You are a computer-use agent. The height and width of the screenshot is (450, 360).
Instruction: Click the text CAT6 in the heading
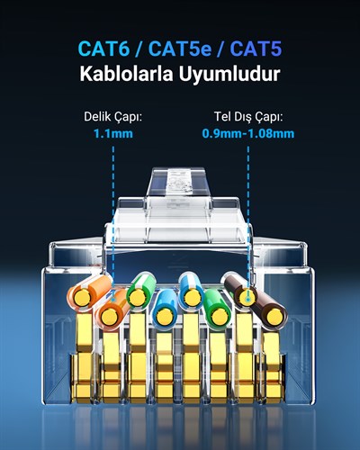point(103,49)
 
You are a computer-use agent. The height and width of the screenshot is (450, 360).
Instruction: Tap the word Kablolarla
point(126,74)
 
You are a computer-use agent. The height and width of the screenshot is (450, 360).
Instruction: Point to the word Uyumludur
point(229,74)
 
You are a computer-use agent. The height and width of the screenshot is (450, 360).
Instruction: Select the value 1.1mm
point(113,133)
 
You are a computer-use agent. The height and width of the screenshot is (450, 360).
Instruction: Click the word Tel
point(220,116)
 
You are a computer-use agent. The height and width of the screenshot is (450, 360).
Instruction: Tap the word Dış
point(238,117)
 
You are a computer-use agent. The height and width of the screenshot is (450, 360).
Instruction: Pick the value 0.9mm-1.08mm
point(248,133)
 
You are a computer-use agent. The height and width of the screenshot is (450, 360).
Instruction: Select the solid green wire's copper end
point(220,317)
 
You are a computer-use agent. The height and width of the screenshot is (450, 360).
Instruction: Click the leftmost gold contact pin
point(83,357)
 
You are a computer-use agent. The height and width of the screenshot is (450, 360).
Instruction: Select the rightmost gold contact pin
point(273,366)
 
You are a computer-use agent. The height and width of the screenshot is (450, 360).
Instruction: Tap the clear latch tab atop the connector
point(179,183)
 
